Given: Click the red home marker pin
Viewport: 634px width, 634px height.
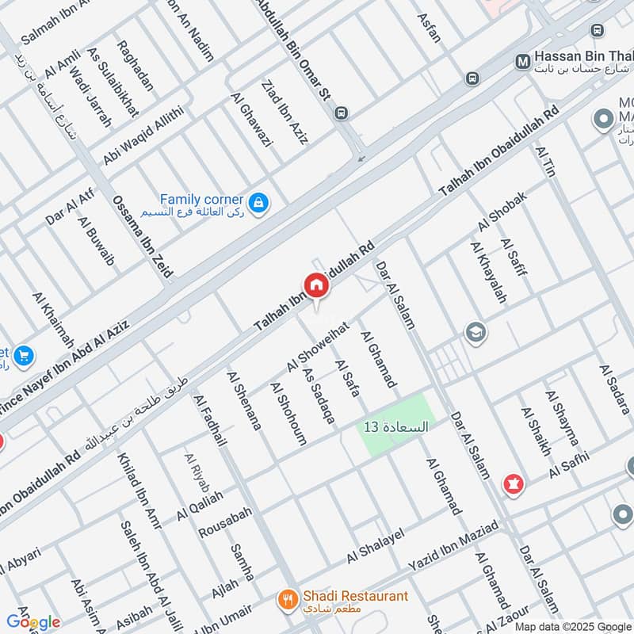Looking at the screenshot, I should click(x=315, y=286).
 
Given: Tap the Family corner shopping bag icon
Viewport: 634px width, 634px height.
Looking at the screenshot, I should click(x=258, y=204).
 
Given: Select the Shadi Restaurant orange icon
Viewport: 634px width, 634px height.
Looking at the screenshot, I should click(x=288, y=600).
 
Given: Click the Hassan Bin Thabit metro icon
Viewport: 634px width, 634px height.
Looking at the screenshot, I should click(x=521, y=60).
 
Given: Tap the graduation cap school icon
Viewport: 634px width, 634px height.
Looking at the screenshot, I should click(x=476, y=330).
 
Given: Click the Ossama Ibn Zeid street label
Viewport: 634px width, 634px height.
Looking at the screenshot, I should click(x=143, y=237).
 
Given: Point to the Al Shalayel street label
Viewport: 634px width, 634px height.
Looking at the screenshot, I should click(x=376, y=546).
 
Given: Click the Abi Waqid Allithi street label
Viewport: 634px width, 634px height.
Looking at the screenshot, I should click(x=143, y=136).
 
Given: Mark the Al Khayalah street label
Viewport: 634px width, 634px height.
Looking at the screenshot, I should click(x=488, y=273).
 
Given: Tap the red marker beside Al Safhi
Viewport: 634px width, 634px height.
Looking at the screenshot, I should click(x=513, y=483).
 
